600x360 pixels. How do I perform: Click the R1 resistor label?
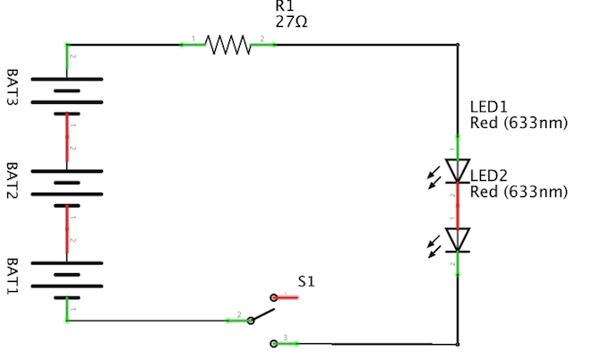coord(285,6)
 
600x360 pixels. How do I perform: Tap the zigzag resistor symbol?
coord(228,44)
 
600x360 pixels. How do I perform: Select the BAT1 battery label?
coord(13,276)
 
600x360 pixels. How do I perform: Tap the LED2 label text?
coord(489,175)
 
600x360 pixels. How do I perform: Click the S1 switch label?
coord(306,281)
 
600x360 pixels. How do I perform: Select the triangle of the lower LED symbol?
coord(458,238)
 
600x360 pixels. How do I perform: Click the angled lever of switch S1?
coord(261,313)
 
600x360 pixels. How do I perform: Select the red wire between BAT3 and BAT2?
coord(67,141)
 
